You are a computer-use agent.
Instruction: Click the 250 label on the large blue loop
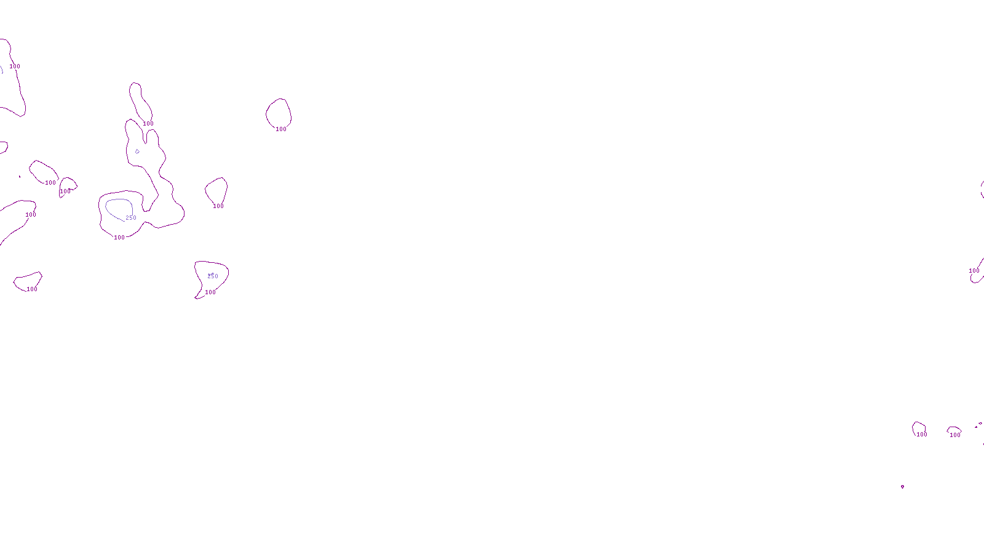pos(131,218)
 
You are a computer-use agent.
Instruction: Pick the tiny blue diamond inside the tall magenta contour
pos(137,151)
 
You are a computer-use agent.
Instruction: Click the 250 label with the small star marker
pos(212,276)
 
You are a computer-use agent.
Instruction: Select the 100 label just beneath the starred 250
pos(210,292)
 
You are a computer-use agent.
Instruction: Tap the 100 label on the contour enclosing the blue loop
pos(119,238)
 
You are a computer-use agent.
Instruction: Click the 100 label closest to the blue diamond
pos(148,124)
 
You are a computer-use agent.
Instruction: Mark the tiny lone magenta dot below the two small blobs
pos(902,487)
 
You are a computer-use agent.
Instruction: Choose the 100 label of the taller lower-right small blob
pos(922,435)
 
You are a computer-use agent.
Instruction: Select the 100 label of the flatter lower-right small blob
pos(955,435)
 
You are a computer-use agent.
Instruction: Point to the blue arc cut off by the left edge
pos(2,70)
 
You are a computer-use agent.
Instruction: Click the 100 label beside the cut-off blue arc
pos(15,66)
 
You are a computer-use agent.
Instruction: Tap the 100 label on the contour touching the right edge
pos(974,271)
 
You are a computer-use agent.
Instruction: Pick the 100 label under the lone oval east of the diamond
pos(281,129)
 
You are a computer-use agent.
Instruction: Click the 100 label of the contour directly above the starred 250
pos(218,206)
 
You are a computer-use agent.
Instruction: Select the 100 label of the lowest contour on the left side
pos(32,289)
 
